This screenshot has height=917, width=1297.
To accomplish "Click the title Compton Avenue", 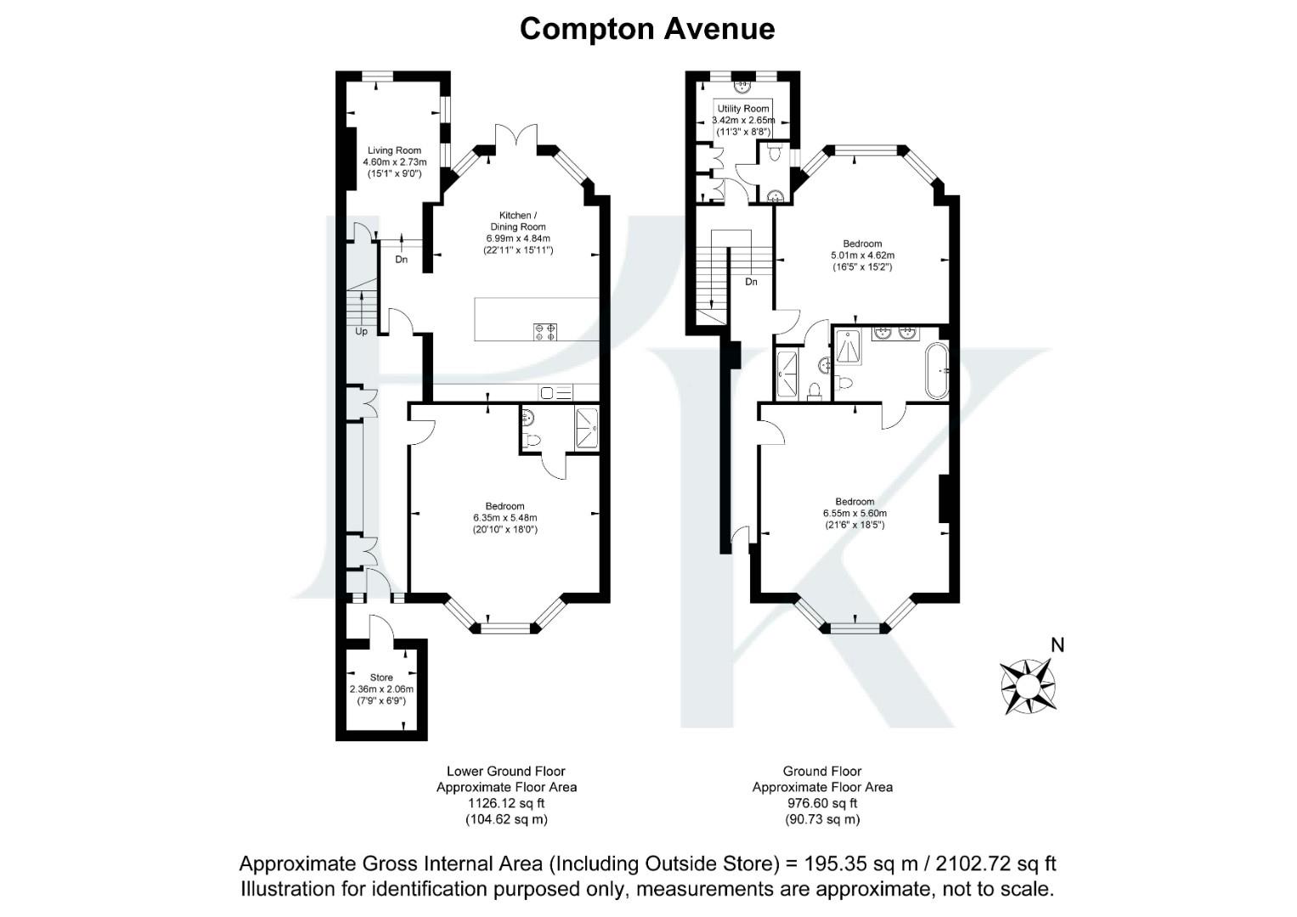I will coord(647,29).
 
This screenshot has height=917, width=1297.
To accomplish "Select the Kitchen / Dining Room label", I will coord(517,221).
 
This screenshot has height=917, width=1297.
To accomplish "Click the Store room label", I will coord(381,678).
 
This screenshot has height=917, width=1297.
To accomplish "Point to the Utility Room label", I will coord(743,109).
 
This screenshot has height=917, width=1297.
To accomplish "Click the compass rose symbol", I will coord(1028,685).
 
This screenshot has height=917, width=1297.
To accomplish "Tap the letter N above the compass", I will coord(1057,645).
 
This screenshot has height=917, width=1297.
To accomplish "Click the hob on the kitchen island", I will coord(544,331).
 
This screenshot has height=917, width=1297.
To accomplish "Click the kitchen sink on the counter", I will coord(549,392).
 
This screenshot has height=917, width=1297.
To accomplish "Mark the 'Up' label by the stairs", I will coord(361,331).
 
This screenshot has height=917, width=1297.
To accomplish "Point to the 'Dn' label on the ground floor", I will coord(751,282).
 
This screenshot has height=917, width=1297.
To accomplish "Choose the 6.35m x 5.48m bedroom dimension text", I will coord(505,518).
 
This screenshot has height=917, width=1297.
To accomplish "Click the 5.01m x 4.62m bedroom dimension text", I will coord(862,255).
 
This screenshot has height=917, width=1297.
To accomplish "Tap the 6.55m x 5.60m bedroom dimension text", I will coord(854,513).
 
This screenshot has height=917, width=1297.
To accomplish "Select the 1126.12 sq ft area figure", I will coord(506,803).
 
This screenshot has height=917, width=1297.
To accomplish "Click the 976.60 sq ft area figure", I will coord(822,803).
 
